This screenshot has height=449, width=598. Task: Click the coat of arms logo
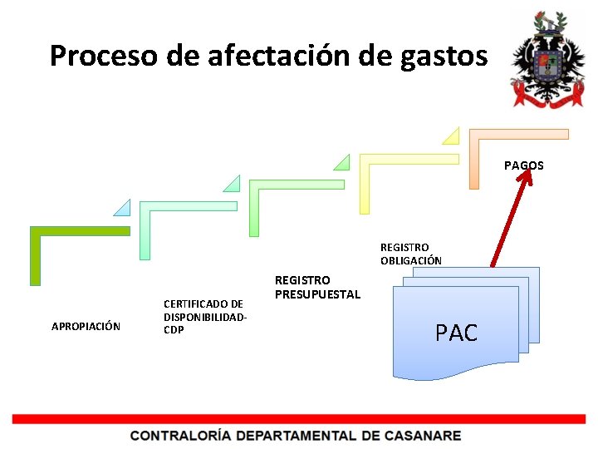(x=548, y=60)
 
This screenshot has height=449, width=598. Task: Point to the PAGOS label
(x=523, y=165)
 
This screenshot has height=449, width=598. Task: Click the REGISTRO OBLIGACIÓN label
(x=411, y=254)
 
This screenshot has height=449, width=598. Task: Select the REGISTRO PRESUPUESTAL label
(x=317, y=287)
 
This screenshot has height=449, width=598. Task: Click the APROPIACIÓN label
(x=86, y=326)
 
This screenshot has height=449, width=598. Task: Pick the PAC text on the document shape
(x=456, y=333)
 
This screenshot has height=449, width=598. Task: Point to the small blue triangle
(x=123, y=208)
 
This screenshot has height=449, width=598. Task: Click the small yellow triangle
(x=450, y=135)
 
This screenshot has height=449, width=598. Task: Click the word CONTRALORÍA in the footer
(x=180, y=435)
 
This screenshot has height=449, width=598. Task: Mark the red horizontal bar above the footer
(x=299, y=418)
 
